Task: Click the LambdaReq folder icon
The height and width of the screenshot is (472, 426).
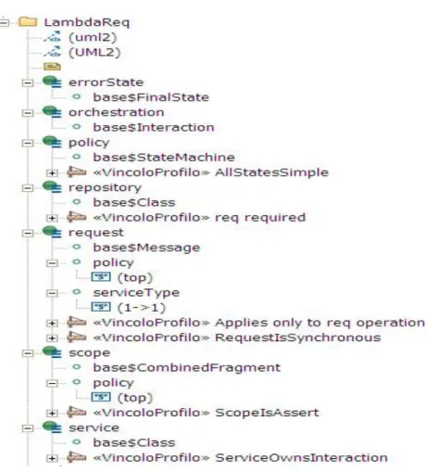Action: point(28,22)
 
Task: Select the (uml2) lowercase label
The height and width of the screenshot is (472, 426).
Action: point(93,37)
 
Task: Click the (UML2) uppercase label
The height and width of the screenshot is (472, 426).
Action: point(94,52)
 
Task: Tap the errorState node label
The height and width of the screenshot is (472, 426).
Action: point(106,83)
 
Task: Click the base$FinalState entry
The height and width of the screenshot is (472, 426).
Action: point(151,97)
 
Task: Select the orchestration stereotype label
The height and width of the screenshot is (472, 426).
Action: point(116,112)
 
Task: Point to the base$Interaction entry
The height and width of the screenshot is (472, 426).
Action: point(154,127)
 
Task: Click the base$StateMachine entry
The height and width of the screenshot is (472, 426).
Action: point(164,158)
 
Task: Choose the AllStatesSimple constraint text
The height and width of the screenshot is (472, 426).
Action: point(271,172)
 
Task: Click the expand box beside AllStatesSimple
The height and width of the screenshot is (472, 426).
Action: point(52,172)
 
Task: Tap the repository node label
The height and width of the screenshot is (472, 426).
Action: point(105,187)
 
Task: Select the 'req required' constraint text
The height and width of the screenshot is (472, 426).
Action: point(260,218)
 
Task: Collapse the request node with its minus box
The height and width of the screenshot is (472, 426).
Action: point(28,233)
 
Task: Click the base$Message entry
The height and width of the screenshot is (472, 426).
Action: point(146,248)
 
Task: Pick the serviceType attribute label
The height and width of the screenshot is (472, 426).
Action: point(136,292)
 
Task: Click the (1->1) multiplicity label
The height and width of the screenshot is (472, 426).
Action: point(142,308)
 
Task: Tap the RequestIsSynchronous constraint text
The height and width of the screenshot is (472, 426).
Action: point(298,338)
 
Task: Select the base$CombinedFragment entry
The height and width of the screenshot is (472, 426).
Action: point(187,367)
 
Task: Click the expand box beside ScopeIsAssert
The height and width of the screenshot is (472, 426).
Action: point(52,413)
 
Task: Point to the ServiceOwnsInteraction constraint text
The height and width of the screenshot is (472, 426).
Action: point(301,457)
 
